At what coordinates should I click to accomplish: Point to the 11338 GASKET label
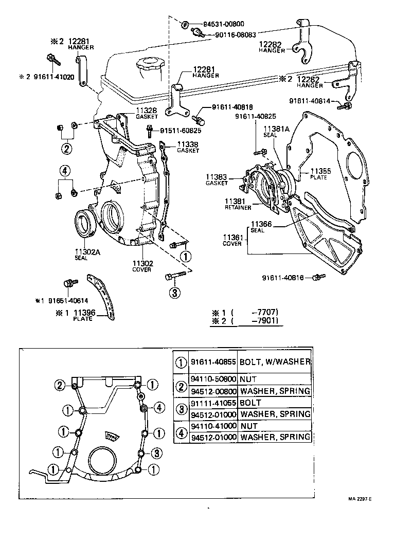[x=188, y=147]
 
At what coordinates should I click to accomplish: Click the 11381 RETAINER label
[x=237, y=204]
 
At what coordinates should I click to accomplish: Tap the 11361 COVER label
[x=232, y=240]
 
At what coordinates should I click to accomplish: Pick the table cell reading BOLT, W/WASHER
[x=275, y=361]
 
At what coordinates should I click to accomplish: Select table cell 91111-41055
[x=213, y=403]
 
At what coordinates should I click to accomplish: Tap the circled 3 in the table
[x=181, y=408]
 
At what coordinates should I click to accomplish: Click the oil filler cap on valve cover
[x=145, y=66]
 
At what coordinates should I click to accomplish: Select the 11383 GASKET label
[x=217, y=179]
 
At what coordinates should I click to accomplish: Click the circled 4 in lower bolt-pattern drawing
[x=159, y=408]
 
